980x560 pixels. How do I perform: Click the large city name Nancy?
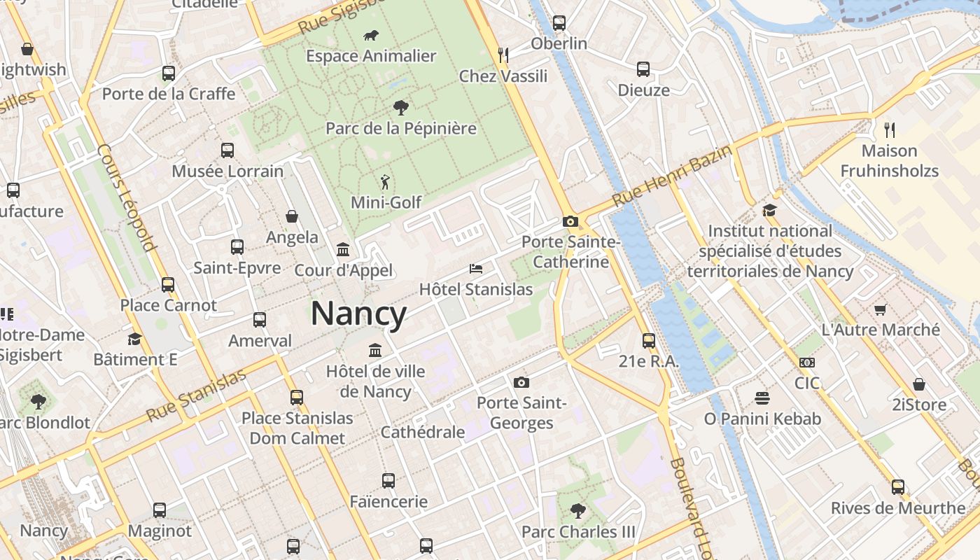click(x=358, y=314)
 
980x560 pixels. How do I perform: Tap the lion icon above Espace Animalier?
click(x=371, y=35)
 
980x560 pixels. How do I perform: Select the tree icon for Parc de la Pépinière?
click(x=401, y=107)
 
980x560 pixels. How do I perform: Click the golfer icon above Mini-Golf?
click(x=385, y=182)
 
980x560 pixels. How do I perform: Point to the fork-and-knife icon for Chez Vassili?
click(x=503, y=55)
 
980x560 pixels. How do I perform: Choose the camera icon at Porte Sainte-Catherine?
click(x=570, y=222)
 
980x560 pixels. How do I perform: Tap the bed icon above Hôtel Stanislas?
click(x=476, y=269)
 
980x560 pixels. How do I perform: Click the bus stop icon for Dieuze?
click(x=643, y=69)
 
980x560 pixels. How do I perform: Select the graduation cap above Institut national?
click(x=770, y=210)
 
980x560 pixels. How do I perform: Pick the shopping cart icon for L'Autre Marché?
click(x=881, y=309)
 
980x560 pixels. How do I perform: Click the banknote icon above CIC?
click(x=807, y=363)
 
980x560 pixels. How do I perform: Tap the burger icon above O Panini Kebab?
click(x=762, y=398)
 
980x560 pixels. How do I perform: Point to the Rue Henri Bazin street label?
click(x=672, y=175)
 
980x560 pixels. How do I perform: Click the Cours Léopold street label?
click(x=126, y=197)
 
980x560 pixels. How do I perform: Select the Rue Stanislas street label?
click(x=196, y=396)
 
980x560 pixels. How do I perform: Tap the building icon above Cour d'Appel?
click(x=343, y=249)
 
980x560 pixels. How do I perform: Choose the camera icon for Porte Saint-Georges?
click(x=521, y=382)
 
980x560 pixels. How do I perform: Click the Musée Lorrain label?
click(x=227, y=171)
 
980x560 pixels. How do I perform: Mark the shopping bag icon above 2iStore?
click(x=919, y=384)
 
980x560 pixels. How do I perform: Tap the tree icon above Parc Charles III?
click(x=578, y=510)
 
